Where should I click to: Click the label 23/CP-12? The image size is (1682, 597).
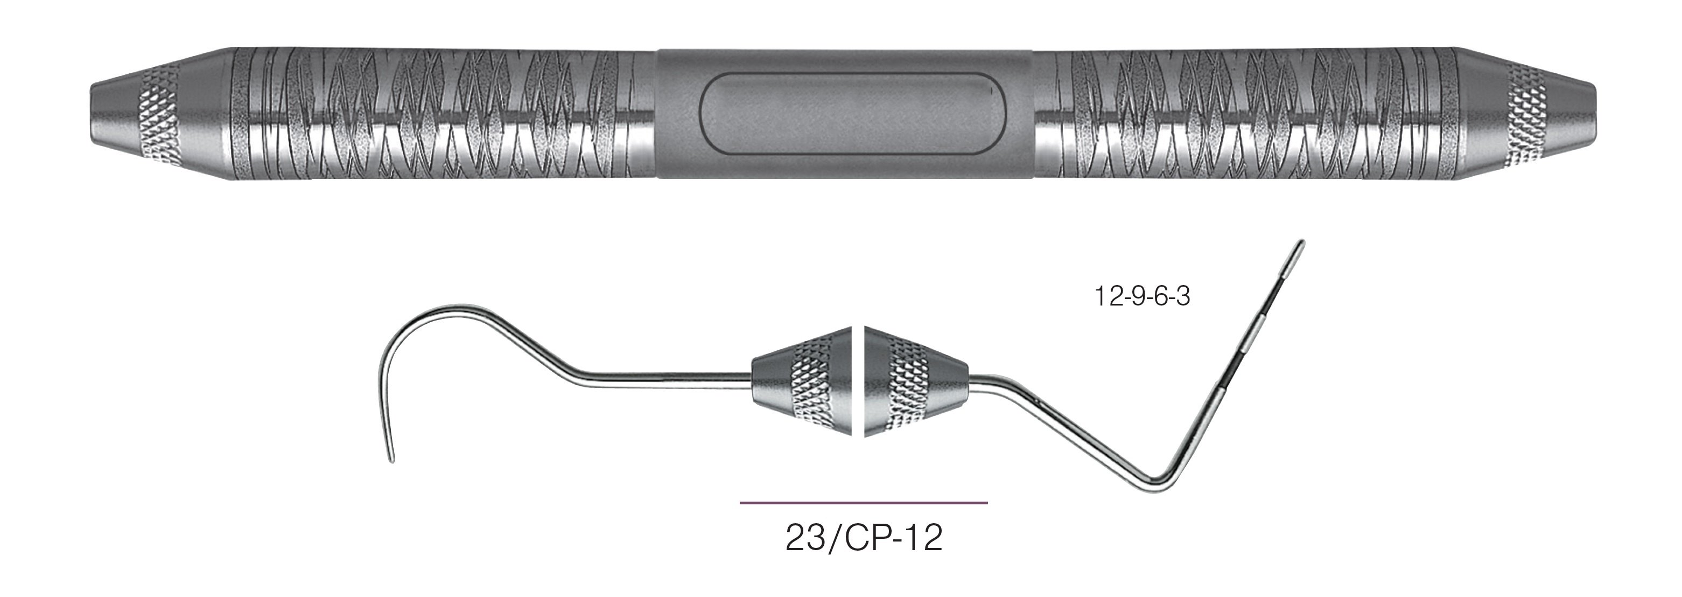863,539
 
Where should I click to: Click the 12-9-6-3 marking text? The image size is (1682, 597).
1142,297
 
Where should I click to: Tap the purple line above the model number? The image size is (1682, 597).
863,503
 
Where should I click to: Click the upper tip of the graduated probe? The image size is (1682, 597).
1302,243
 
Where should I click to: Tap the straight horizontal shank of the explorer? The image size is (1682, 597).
672,376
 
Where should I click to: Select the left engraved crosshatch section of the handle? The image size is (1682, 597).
444,114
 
